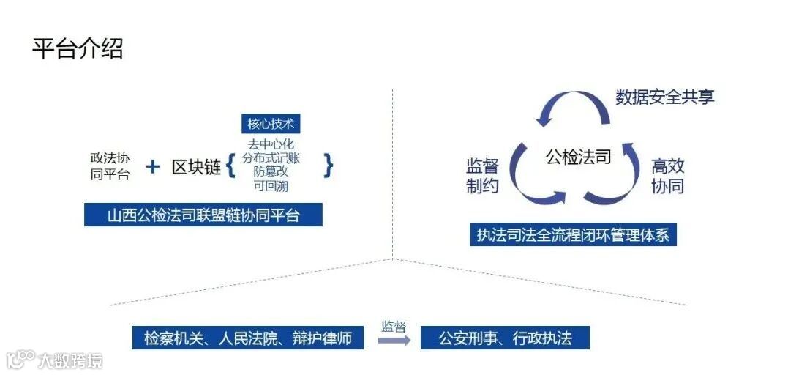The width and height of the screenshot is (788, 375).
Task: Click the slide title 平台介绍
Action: pyautogui.click(x=78, y=48)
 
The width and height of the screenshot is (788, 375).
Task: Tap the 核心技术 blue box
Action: pyautogui.click(x=271, y=123)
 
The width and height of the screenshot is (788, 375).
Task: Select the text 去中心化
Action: pyautogui.click(x=271, y=144)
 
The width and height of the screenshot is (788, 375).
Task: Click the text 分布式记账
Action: pyautogui.click(x=271, y=157)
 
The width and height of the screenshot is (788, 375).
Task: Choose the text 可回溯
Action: pyautogui.click(x=271, y=185)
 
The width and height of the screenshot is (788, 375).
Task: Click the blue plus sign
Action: pyautogui.click(x=152, y=166)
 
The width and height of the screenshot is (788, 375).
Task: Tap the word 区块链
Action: pyautogui.click(x=196, y=167)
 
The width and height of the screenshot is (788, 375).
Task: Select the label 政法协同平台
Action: pyautogui.click(x=110, y=166)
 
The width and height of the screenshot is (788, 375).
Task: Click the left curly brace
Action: pyautogui.click(x=230, y=166)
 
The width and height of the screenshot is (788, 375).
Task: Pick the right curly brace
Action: pyautogui.click(x=329, y=166)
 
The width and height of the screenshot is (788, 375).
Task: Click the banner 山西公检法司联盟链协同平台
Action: pyautogui.click(x=203, y=215)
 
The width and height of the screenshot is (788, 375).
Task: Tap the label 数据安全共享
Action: pyautogui.click(x=664, y=97)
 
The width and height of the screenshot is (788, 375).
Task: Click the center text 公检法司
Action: pyautogui.click(x=578, y=156)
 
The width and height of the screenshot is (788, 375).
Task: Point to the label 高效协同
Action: pyautogui.click(x=667, y=176)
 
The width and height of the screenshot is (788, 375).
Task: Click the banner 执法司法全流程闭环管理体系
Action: pyautogui.click(x=573, y=236)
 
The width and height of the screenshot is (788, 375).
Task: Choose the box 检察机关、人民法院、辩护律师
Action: pyautogui.click(x=248, y=338)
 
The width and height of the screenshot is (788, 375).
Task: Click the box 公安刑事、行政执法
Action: pyautogui.click(x=505, y=338)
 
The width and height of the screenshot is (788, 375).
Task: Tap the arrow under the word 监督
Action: pyautogui.click(x=394, y=340)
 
